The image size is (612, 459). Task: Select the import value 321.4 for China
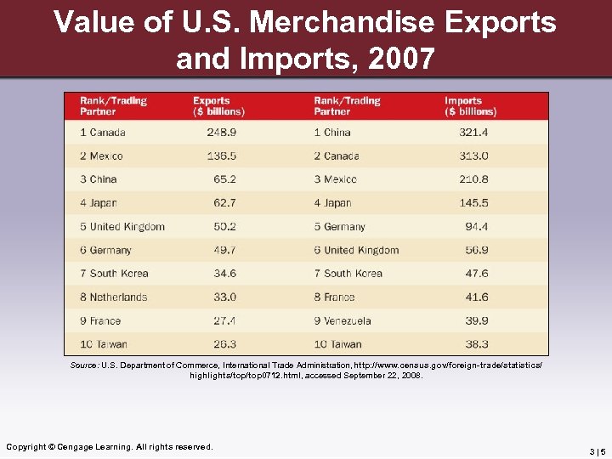coord(473,132)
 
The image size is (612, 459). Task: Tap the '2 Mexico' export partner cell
coord(101,156)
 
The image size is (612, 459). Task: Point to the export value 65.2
coord(224,179)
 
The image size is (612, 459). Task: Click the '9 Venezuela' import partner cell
coord(343,320)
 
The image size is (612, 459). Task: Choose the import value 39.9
coord(476,320)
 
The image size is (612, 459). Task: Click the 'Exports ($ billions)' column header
coord(218,106)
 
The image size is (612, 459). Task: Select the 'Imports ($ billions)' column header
coord(470,106)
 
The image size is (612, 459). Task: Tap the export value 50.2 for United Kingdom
coord(224,226)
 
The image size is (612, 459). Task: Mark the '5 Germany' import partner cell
coord(339,226)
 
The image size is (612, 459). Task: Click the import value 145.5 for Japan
coord(473,203)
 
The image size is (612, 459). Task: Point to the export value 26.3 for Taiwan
coord(224,344)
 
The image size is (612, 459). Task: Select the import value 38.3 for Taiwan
coord(476,344)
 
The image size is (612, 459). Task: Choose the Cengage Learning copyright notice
coord(110,446)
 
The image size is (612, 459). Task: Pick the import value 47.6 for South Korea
coord(476,274)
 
